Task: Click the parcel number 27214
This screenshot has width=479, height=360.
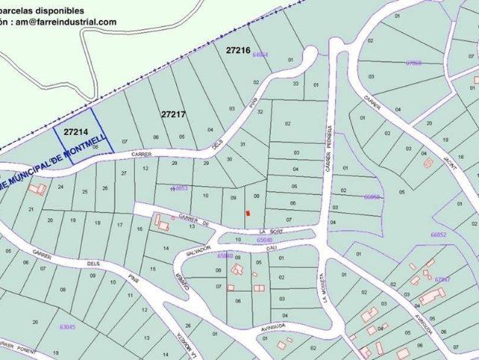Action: coord(76,130)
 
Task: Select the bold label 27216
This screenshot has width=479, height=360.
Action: coord(238,49)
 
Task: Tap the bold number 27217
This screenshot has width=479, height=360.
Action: coord(173,114)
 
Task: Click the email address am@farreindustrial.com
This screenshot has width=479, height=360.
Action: coord(67,22)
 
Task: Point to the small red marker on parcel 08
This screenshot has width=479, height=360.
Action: coord(247,213)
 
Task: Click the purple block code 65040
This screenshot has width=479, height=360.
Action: coord(265,240)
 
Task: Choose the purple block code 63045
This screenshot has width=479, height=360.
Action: coord(67,326)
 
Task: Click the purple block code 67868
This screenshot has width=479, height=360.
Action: coord(413,63)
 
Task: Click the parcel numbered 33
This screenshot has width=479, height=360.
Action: coord(296,84)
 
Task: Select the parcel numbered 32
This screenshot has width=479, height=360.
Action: coord(260,112)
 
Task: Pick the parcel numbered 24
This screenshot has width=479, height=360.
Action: coord(61,187)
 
